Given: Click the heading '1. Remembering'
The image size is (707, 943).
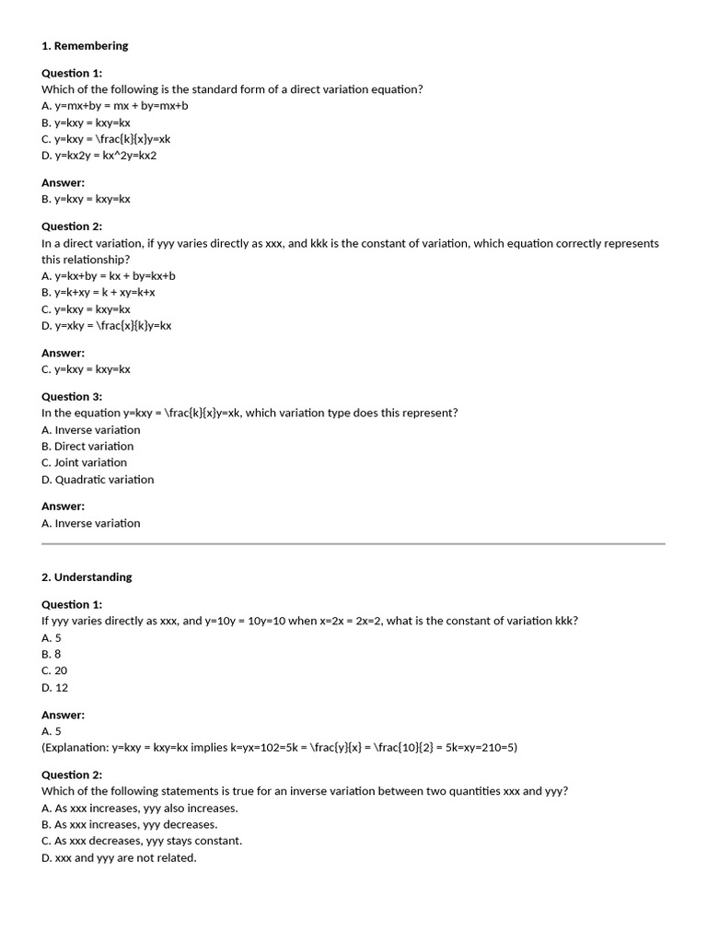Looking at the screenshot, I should point(85,46).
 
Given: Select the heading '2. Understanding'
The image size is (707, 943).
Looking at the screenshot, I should point(87,577).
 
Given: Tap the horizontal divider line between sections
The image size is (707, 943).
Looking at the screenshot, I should point(353,544).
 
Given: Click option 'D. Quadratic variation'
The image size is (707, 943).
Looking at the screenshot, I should point(98,480).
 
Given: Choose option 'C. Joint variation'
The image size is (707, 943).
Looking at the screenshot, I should point(85,463).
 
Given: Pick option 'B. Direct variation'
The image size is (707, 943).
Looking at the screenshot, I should point(87,447).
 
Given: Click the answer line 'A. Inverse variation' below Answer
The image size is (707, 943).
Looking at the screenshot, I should point(91,524).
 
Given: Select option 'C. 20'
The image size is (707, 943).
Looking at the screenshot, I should point(54,671).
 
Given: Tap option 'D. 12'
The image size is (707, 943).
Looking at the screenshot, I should point(54,688).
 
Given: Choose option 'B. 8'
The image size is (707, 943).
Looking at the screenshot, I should point(52,655).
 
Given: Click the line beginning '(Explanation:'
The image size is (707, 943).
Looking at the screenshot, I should point(279,748).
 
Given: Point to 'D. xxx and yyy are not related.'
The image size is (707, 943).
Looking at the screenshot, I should point(119,858).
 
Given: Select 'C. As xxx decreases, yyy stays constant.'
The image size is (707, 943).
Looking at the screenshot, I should point(142,842).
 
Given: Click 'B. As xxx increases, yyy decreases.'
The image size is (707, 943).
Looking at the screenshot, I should point(130,825).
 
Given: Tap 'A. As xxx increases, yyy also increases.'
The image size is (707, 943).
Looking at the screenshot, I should point(140,809).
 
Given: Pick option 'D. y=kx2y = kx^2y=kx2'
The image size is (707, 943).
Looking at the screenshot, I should point(99,156).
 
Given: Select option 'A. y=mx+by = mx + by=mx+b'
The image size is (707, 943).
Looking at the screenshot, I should point(115,106).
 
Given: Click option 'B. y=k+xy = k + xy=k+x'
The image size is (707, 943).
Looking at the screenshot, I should point(99,293).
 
